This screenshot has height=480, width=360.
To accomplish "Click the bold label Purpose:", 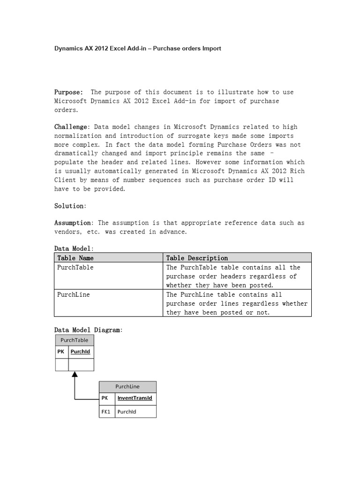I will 68,92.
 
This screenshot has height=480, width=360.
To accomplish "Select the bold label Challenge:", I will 71,127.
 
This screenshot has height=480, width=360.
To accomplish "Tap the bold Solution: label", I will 70,206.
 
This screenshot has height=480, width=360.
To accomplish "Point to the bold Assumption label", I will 72,223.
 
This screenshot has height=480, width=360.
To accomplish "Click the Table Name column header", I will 75,258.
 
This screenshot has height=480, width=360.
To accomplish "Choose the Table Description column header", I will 197,258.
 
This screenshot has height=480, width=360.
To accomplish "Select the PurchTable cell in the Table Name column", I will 75,267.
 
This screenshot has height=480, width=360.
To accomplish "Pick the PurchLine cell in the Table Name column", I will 73,294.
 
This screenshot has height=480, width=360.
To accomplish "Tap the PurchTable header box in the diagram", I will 75,340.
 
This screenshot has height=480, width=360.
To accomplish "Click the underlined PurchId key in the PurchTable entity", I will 80,352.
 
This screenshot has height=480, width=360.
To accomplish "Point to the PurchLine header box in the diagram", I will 127,387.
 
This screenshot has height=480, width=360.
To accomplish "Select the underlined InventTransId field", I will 135,398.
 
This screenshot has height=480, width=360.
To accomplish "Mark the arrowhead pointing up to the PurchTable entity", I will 75,375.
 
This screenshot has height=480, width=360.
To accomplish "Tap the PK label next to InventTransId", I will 105,398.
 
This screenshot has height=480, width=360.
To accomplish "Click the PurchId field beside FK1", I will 127,412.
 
